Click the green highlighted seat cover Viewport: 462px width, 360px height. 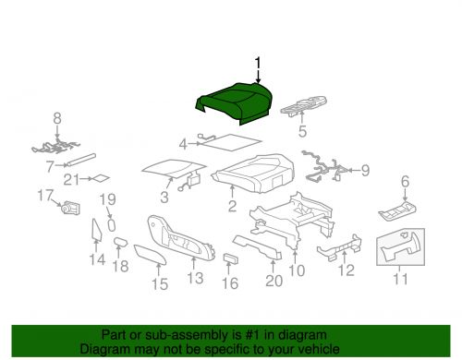click(x=234, y=103)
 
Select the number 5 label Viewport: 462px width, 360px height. click(x=302, y=131)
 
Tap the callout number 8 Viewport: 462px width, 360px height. click(x=57, y=118)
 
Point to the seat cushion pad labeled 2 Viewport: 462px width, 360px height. click(x=253, y=174)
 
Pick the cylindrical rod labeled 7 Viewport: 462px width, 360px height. click(x=81, y=160)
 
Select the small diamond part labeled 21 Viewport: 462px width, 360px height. click(x=101, y=178)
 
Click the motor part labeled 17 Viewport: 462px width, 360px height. click(x=71, y=208)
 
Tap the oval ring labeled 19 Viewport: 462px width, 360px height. click(x=112, y=225)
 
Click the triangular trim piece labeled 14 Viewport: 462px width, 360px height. click(x=96, y=229)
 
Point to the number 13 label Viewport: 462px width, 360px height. click(x=195, y=278)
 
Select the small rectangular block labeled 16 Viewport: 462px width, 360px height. click(x=230, y=259)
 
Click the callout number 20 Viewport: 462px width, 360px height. click(x=274, y=281)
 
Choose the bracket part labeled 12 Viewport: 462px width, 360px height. click(x=339, y=248)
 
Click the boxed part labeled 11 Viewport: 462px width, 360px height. click(x=401, y=246)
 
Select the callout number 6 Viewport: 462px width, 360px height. click(x=405, y=181)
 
